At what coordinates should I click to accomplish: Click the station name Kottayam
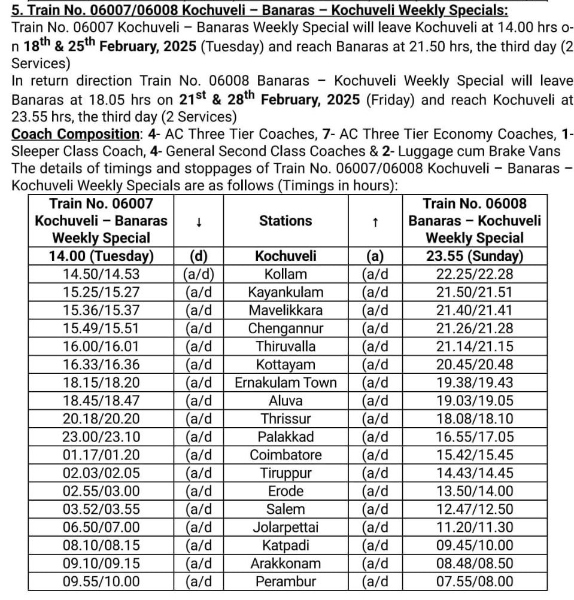[286, 365]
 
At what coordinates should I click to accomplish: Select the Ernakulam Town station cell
[286, 383]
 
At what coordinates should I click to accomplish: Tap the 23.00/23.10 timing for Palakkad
[101, 437]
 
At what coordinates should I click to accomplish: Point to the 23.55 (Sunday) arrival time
[475, 257]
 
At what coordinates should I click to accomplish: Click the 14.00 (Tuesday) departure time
[101, 257]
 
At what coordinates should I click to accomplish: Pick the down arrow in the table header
[198, 221]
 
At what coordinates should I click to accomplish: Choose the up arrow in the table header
[375, 221]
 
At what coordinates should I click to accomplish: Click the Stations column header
[286, 221]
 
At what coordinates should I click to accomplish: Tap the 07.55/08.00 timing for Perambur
[475, 581]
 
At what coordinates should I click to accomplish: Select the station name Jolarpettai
[286, 528]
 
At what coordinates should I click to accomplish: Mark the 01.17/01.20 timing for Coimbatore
[101, 455]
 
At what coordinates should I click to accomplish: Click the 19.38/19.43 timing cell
[475, 383]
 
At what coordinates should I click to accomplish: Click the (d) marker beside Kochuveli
[198, 257]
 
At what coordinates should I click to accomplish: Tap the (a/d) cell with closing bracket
[198, 275]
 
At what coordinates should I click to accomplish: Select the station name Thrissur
[286, 419]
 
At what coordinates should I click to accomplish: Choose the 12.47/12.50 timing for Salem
[475, 510]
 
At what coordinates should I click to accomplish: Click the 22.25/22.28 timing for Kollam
[475, 275]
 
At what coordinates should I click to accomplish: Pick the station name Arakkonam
[286, 564]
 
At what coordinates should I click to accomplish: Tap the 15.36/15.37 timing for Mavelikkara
[101, 310]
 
